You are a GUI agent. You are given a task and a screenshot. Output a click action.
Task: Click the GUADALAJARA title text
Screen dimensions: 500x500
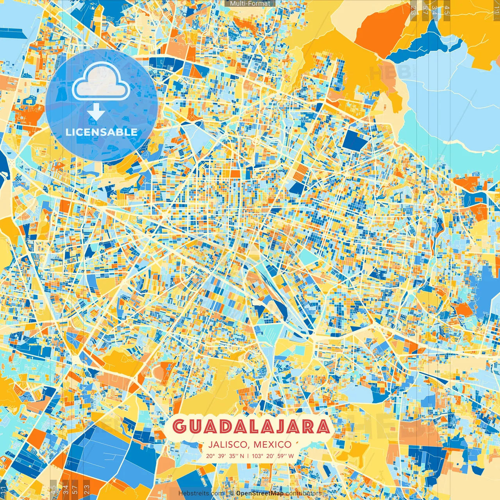(251, 427)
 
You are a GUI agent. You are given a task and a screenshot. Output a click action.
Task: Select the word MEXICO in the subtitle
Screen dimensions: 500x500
(272, 445)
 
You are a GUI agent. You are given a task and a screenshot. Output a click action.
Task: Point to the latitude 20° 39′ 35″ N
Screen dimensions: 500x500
(225, 455)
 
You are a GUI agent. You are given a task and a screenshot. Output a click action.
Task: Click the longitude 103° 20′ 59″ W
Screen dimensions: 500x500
(273, 455)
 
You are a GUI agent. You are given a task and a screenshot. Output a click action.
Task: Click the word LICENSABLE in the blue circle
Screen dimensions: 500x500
(102, 132)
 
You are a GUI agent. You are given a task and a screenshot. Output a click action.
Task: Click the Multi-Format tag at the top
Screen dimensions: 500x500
(250, 4)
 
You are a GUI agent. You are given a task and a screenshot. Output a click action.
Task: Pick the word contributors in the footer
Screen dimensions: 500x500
(303, 493)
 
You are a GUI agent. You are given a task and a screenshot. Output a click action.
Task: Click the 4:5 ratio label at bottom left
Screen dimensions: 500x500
(53, 489)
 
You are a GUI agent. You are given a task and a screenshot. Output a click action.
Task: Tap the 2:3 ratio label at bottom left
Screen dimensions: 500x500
(87, 489)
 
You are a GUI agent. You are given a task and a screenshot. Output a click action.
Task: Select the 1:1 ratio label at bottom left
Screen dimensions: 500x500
(4, 490)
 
